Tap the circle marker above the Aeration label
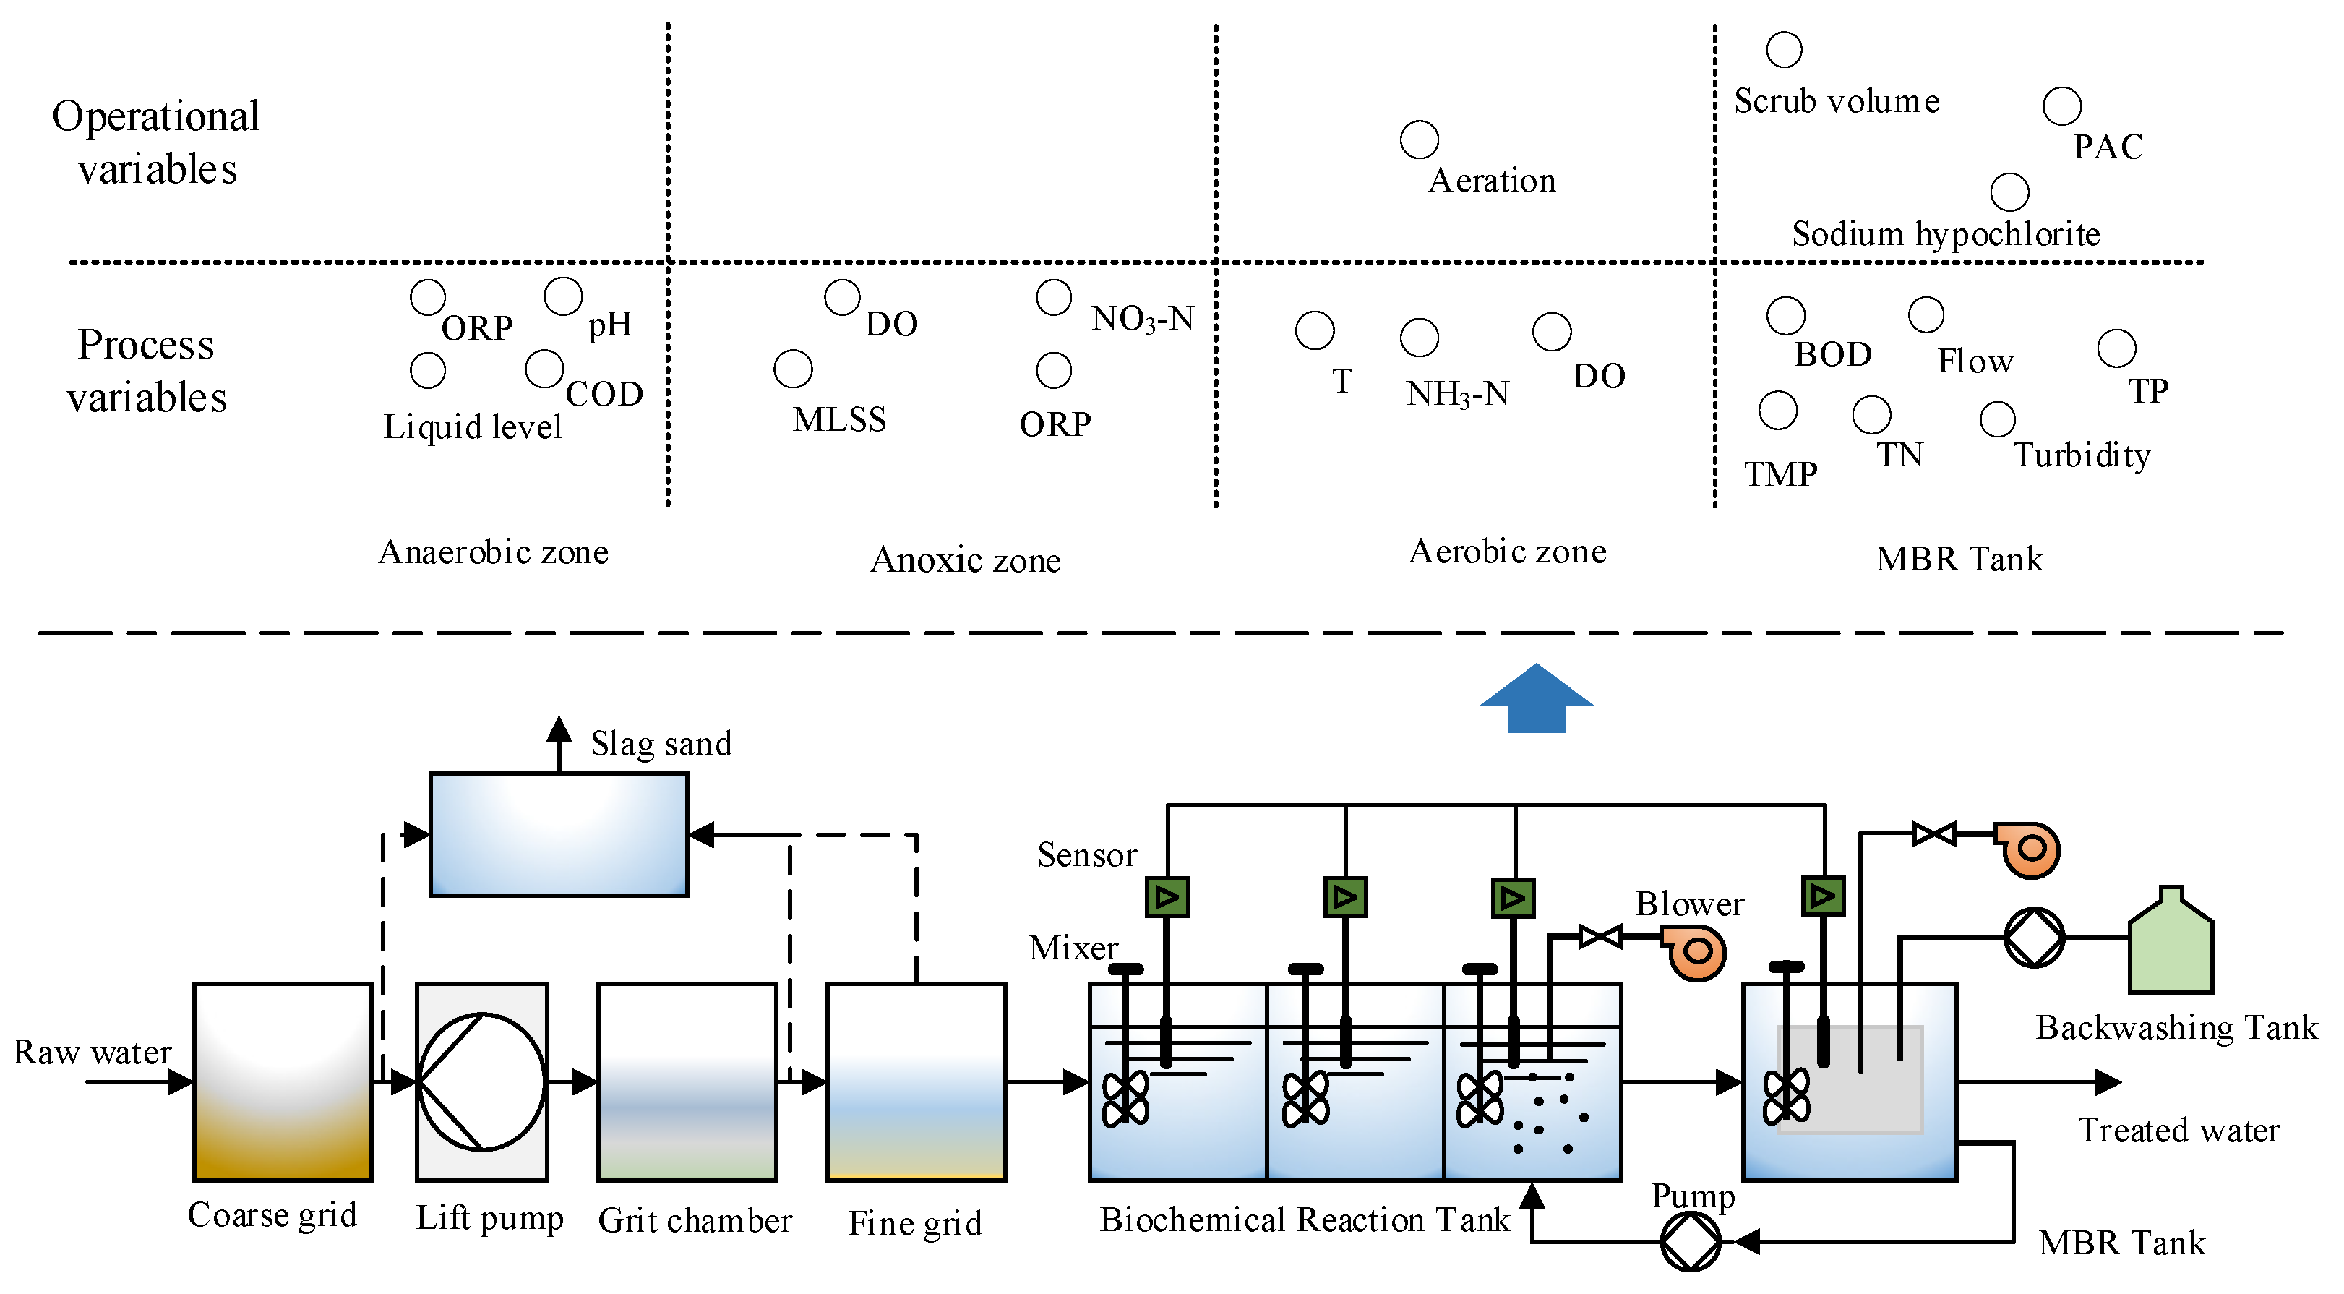1419,140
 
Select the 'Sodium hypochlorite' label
1946,234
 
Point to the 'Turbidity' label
2081,454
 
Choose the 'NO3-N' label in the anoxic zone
1142,319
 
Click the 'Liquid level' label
472,426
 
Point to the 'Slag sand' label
661,743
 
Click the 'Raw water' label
92,1052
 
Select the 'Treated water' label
2178,1130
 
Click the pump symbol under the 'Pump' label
1690,1241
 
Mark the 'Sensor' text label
1086,854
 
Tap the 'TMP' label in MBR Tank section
1780,474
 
